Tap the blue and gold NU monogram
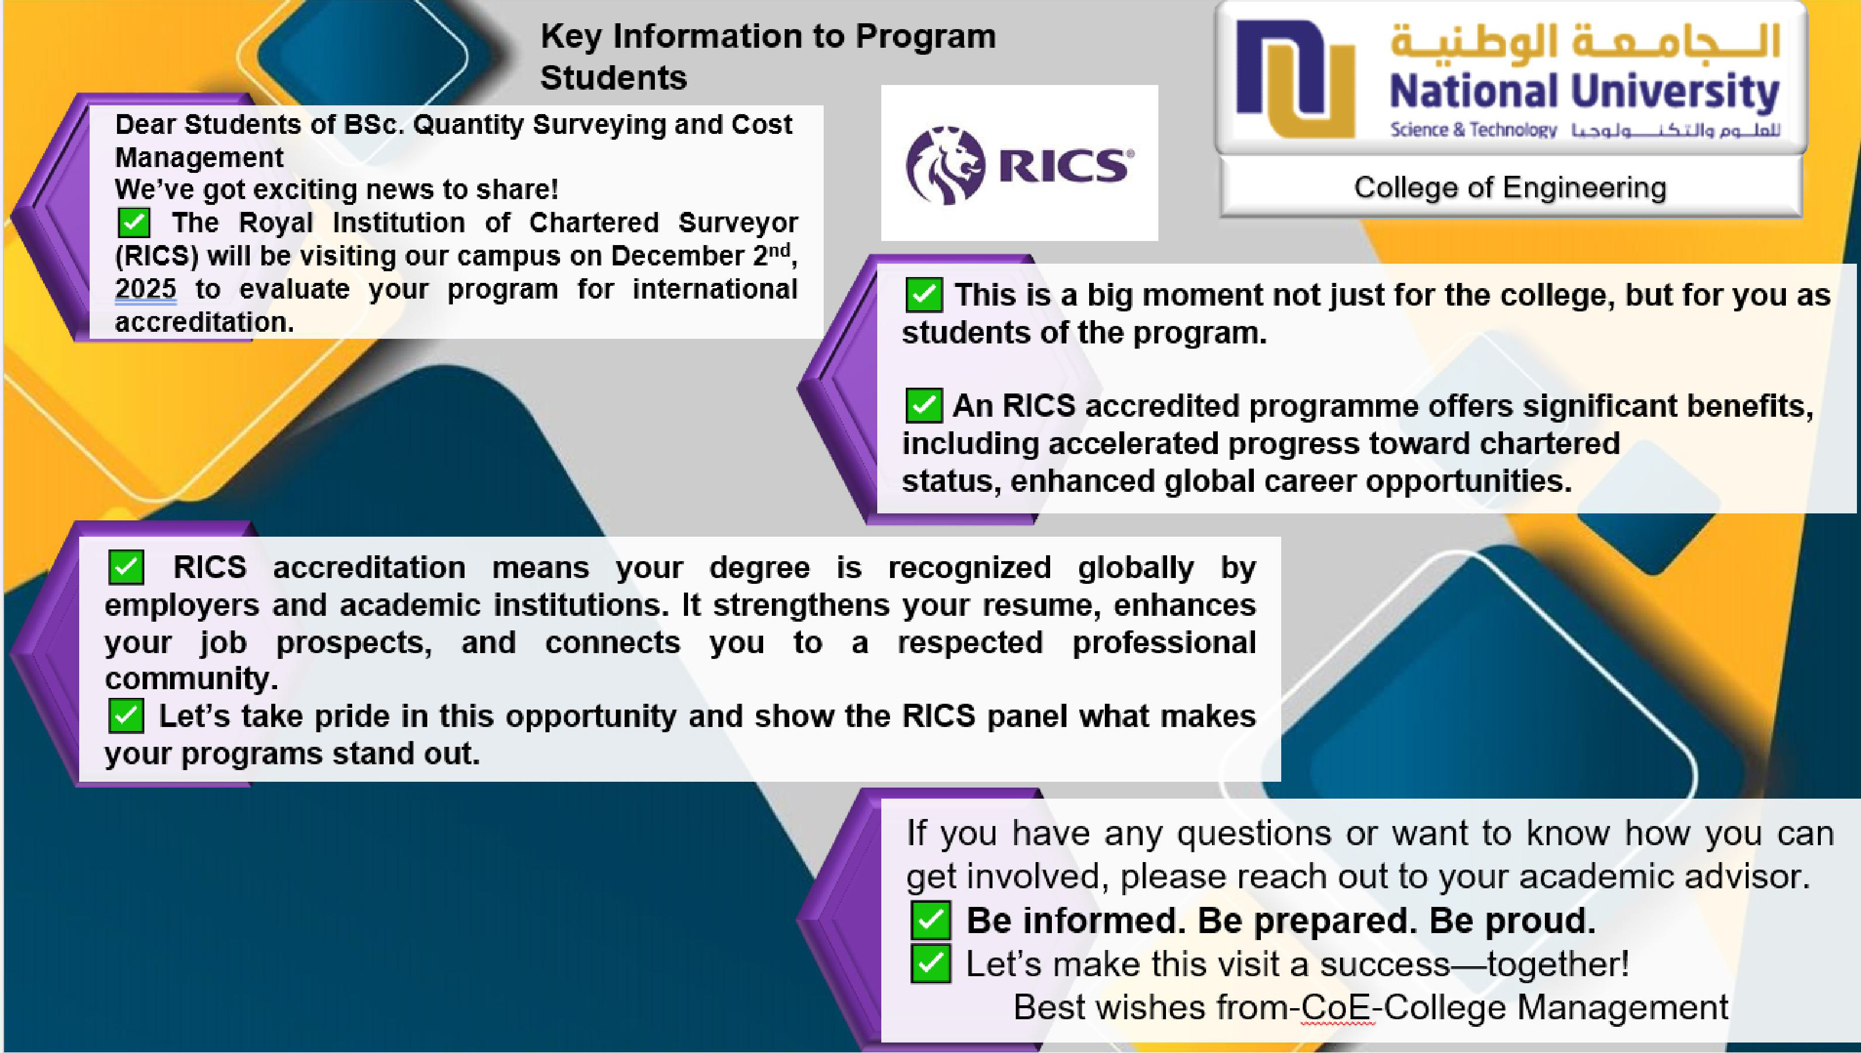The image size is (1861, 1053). pos(1295,78)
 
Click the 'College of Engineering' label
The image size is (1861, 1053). pos(1509,187)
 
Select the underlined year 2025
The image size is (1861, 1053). pos(146,289)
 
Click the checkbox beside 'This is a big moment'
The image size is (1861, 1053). pos(924,295)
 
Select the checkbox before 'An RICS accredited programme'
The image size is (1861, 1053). pos(924,405)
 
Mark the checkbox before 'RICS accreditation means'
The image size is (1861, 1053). pos(126,568)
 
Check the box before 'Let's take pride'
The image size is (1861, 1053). pos(126,716)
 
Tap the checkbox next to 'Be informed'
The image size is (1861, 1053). pos(930,921)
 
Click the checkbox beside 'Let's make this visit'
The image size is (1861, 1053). pos(930,964)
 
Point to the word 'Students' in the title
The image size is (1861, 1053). pos(613,77)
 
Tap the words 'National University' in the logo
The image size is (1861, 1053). pos(1583,92)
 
